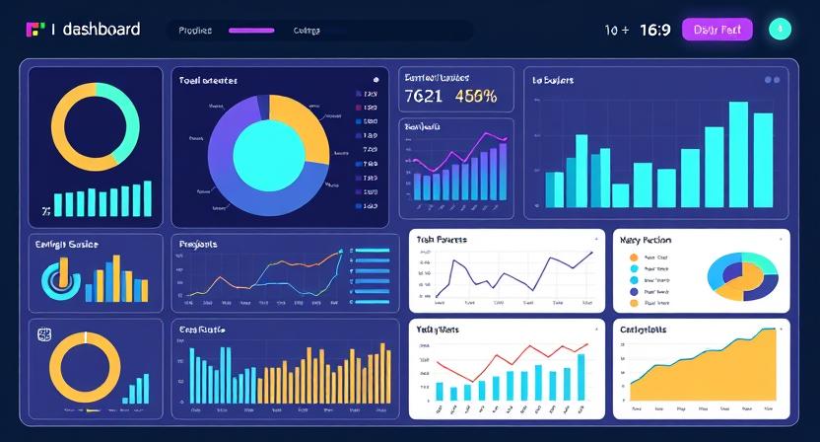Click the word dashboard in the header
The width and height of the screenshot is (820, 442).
101,30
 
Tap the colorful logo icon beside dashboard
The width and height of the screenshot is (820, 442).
35,30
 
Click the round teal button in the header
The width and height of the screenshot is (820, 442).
780,30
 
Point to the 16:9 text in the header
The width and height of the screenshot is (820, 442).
654,30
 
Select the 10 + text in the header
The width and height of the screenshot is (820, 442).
617,30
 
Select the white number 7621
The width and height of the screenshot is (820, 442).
424,97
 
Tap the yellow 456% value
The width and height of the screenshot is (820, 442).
476,97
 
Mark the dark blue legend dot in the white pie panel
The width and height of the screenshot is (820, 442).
634,292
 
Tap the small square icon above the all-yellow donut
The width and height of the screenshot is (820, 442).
44,333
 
